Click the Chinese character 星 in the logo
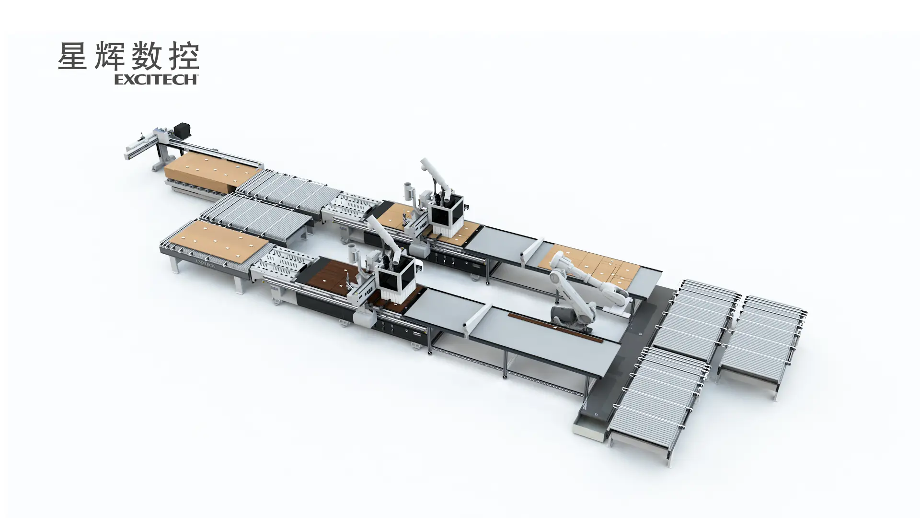pyautogui.click(x=72, y=56)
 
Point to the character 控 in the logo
pyautogui.click(x=184, y=56)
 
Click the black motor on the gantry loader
pyautogui.click(x=182, y=129)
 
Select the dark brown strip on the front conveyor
pyautogui.click(x=555, y=328)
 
